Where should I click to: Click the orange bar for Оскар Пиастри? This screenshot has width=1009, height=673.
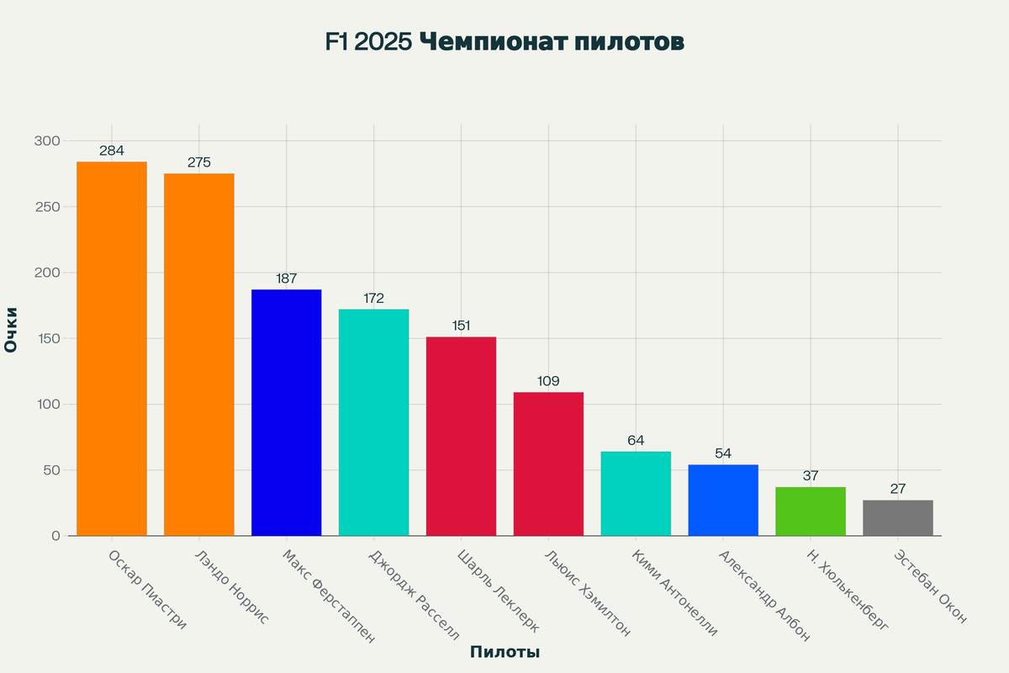[x=112, y=348]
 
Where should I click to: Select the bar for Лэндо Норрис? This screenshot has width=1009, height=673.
[x=199, y=354]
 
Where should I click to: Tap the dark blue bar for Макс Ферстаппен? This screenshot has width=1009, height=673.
[x=287, y=412]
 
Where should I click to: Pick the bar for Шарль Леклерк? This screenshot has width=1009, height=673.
[x=461, y=436]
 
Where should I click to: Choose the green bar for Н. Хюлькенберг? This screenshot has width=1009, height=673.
[x=811, y=511]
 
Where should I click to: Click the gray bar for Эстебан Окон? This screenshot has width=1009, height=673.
[x=898, y=518]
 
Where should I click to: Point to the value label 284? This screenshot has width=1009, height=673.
[x=112, y=151]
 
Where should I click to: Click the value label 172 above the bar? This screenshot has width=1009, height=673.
[x=374, y=299]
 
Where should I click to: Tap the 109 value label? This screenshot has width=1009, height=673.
[x=548, y=381]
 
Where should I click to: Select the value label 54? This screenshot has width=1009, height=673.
[x=723, y=453]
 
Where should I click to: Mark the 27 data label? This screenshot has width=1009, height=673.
[x=898, y=489]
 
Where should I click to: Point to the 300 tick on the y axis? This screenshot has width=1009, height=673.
[x=47, y=140]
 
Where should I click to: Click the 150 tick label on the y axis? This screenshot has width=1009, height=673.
[x=47, y=338]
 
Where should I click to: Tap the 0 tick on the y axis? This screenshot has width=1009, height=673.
[x=55, y=536]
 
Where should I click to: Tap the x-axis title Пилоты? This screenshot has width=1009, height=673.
[x=504, y=652]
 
